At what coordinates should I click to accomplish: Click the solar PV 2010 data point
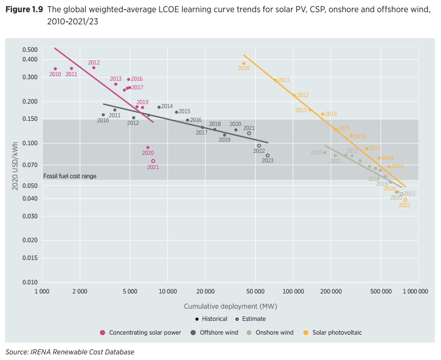point(244,63)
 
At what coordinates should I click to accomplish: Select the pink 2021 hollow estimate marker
point(153,161)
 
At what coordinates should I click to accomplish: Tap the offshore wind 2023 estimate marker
point(267,155)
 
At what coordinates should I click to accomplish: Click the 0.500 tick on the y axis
point(30,49)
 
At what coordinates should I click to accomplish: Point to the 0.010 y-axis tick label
point(30,282)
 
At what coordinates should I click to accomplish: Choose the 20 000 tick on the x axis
point(206,291)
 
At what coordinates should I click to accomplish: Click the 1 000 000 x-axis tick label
point(416,291)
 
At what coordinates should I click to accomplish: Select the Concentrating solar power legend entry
point(144,333)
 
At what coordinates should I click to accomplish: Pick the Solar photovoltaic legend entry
point(337,333)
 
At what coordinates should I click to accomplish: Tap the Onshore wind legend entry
point(274,333)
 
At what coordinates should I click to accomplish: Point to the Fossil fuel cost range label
point(70,176)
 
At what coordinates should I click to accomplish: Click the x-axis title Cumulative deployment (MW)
point(230,306)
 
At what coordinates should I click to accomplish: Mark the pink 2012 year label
point(94,63)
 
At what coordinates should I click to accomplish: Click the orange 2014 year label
point(331,114)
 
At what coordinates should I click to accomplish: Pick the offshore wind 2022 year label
point(259,151)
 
